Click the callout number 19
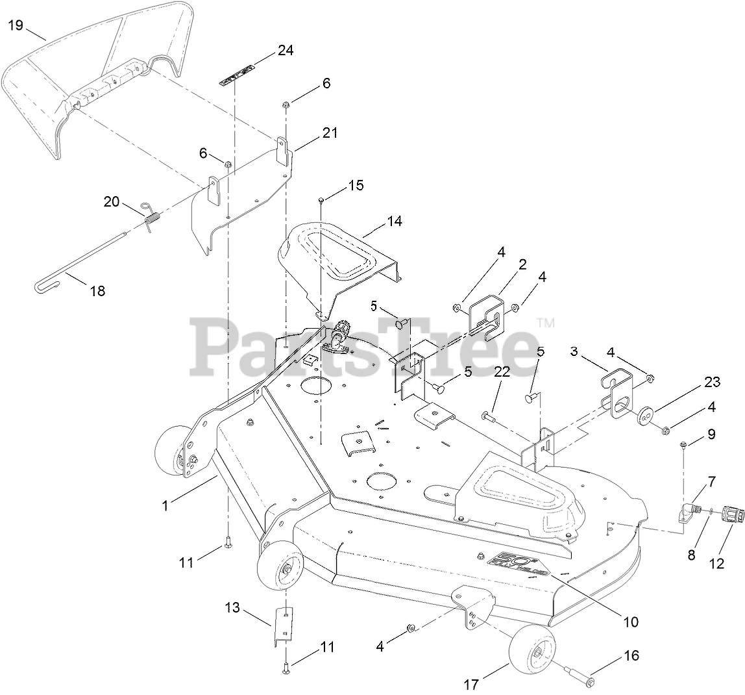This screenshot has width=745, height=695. pos(16,25)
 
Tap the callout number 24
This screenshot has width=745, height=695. pos(285,50)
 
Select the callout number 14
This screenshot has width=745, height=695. pos(395,221)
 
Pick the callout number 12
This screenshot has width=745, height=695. pos(716,564)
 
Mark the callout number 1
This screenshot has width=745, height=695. pos(165,504)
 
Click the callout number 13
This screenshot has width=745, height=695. pos(232,608)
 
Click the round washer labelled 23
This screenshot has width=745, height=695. pos(646,415)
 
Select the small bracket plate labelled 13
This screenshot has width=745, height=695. pos(284,624)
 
